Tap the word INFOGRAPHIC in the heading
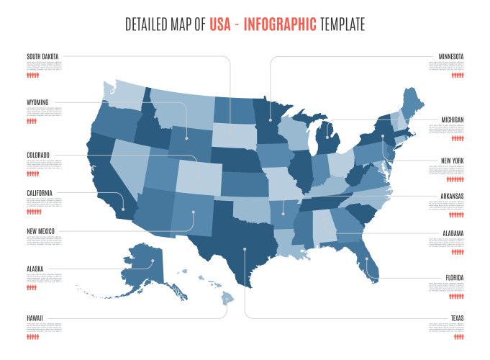pyautogui.click(x=280, y=24)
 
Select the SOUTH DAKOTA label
pyautogui.click(x=42, y=56)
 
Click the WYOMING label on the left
pyautogui.click(x=37, y=103)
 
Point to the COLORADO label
pyautogui.click(x=38, y=155)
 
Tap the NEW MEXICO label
pyautogui.click(x=40, y=231)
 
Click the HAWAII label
pyautogui.click(x=35, y=318)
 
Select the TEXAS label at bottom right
pyautogui.click(x=455, y=318)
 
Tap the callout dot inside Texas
pyautogui.click(x=245, y=249)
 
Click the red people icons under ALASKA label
pyautogui.click(x=32, y=287)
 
